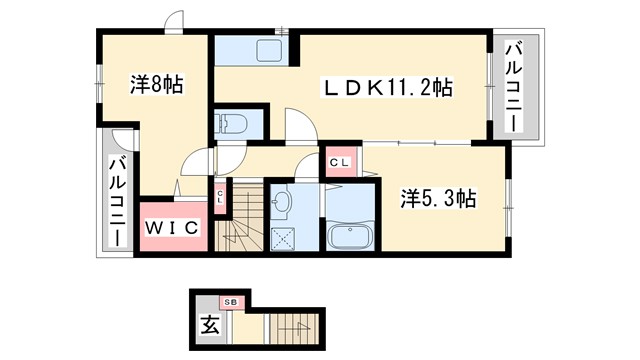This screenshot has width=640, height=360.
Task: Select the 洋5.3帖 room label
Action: click(x=438, y=198)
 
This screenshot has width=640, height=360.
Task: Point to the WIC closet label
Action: click(x=175, y=228)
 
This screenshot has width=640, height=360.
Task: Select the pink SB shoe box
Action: click(x=230, y=301)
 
